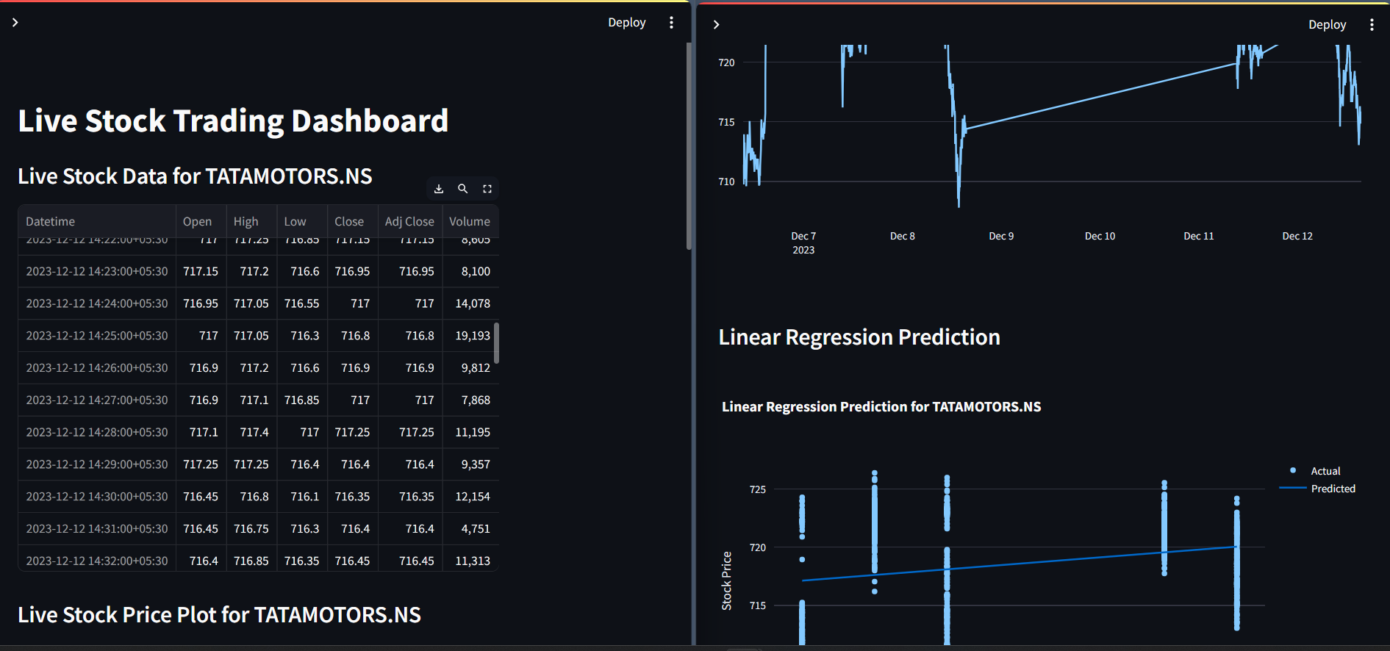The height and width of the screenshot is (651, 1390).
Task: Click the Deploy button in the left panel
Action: pyautogui.click(x=626, y=23)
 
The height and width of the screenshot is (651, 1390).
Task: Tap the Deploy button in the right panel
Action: pyautogui.click(x=1327, y=25)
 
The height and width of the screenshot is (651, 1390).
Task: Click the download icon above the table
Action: pyautogui.click(x=439, y=189)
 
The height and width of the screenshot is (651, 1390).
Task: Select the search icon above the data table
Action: pyautogui.click(x=463, y=189)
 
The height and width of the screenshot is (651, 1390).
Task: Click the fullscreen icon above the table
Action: pyautogui.click(x=487, y=189)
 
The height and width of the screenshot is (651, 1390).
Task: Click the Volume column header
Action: pyautogui.click(x=469, y=221)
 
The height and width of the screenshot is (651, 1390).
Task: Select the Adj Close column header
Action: pyautogui.click(x=409, y=221)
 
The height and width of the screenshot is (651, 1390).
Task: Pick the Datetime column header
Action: pyautogui.click(x=51, y=221)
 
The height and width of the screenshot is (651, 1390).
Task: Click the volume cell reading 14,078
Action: pyautogui.click(x=473, y=303)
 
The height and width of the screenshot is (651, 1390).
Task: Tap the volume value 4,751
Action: pyautogui.click(x=476, y=529)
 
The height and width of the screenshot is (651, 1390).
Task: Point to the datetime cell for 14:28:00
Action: pyautogui.click(x=97, y=432)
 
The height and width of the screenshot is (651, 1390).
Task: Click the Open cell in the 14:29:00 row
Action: pyautogui.click(x=201, y=464)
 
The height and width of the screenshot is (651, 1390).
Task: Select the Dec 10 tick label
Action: pyautogui.click(x=1100, y=236)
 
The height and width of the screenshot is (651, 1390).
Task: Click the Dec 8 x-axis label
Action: pyautogui.click(x=902, y=236)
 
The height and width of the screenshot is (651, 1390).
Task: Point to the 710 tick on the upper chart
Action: pyautogui.click(x=726, y=181)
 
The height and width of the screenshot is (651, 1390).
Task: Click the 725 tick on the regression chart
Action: pyautogui.click(x=757, y=489)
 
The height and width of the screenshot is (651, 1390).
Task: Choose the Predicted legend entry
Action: pyautogui.click(x=1333, y=489)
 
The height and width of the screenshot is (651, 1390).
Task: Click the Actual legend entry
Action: pyautogui.click(x=1325, y=471)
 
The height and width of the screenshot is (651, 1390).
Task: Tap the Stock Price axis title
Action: pyautogui.click(x=727, y=580)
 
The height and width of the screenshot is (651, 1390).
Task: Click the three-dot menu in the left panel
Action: pyautogui.click(x=671, y=23)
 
